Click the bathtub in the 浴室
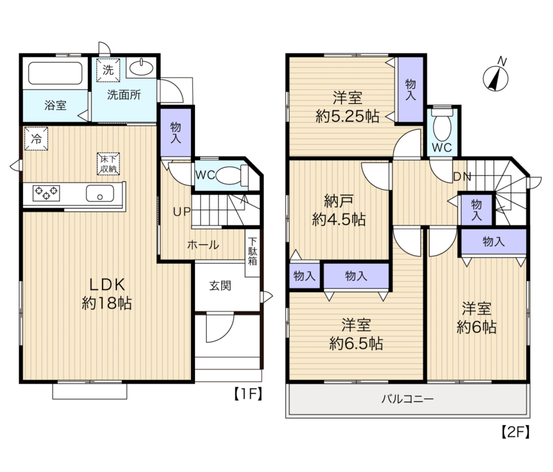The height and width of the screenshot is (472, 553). pos(55,73)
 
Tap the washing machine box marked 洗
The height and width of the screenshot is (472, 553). pos(108,70)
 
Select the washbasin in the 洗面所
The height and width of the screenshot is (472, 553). pos(141,67)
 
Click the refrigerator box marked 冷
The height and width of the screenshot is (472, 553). pos(36,139)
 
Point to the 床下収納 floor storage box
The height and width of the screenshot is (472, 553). pos(108,164)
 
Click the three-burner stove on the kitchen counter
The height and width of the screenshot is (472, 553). pos(46,193)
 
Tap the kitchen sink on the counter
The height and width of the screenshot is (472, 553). pos(100,193)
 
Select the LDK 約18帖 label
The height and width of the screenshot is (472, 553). pos(107,294)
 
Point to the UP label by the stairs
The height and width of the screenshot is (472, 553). pos(182,212)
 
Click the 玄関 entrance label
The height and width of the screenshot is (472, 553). pos(220,286)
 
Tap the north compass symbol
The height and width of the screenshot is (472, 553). pos(496,77)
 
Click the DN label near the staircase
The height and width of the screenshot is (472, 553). pos(462,177)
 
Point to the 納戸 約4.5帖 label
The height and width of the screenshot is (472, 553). pos(339,210)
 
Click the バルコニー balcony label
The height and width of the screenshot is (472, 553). pos(408,399)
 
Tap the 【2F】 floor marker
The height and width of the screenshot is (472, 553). pos(515,432)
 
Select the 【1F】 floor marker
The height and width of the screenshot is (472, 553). pos(248,393)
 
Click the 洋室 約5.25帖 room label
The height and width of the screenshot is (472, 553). pos(348,106)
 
